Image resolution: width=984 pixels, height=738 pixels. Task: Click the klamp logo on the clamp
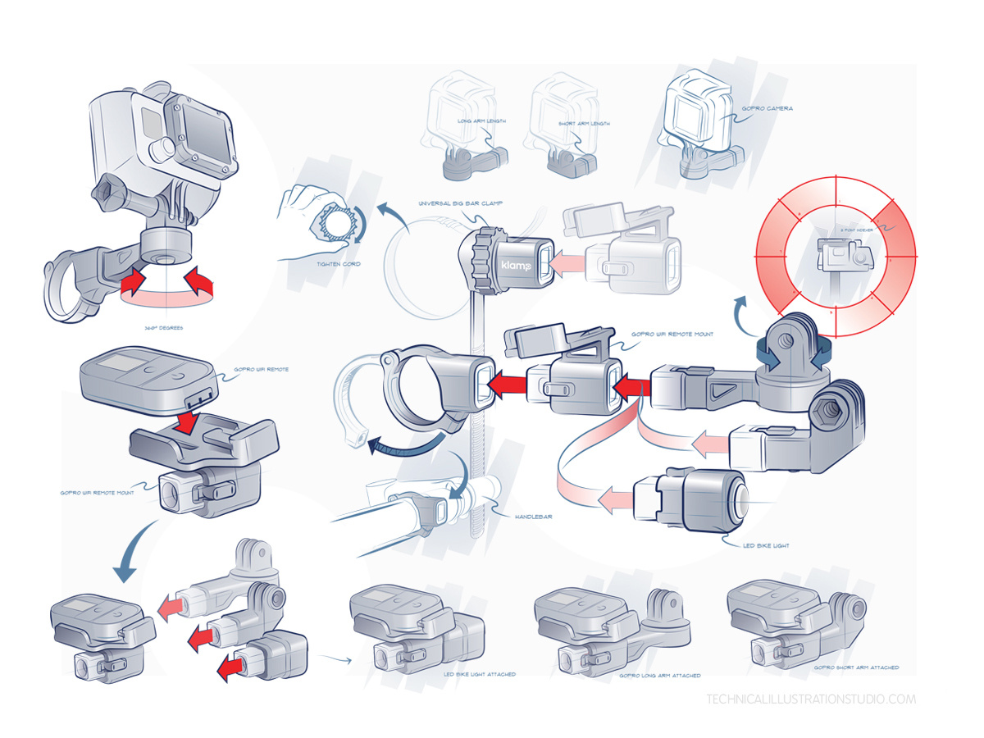pyautogui.click(x=516, y=267)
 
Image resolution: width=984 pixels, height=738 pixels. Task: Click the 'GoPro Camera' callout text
pyautogui.click(x=767, y=108)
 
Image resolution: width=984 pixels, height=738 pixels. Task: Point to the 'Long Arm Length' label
pyautogui.click(x=481, y=121)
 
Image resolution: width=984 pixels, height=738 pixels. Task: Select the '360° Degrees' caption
pyautogui.click(x=164, y=328)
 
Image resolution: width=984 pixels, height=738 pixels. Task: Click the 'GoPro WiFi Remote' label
pyautogui.click(x=261, y=370)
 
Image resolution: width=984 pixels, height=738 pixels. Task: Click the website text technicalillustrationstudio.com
pyautogui.click(x=810, y=699)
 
